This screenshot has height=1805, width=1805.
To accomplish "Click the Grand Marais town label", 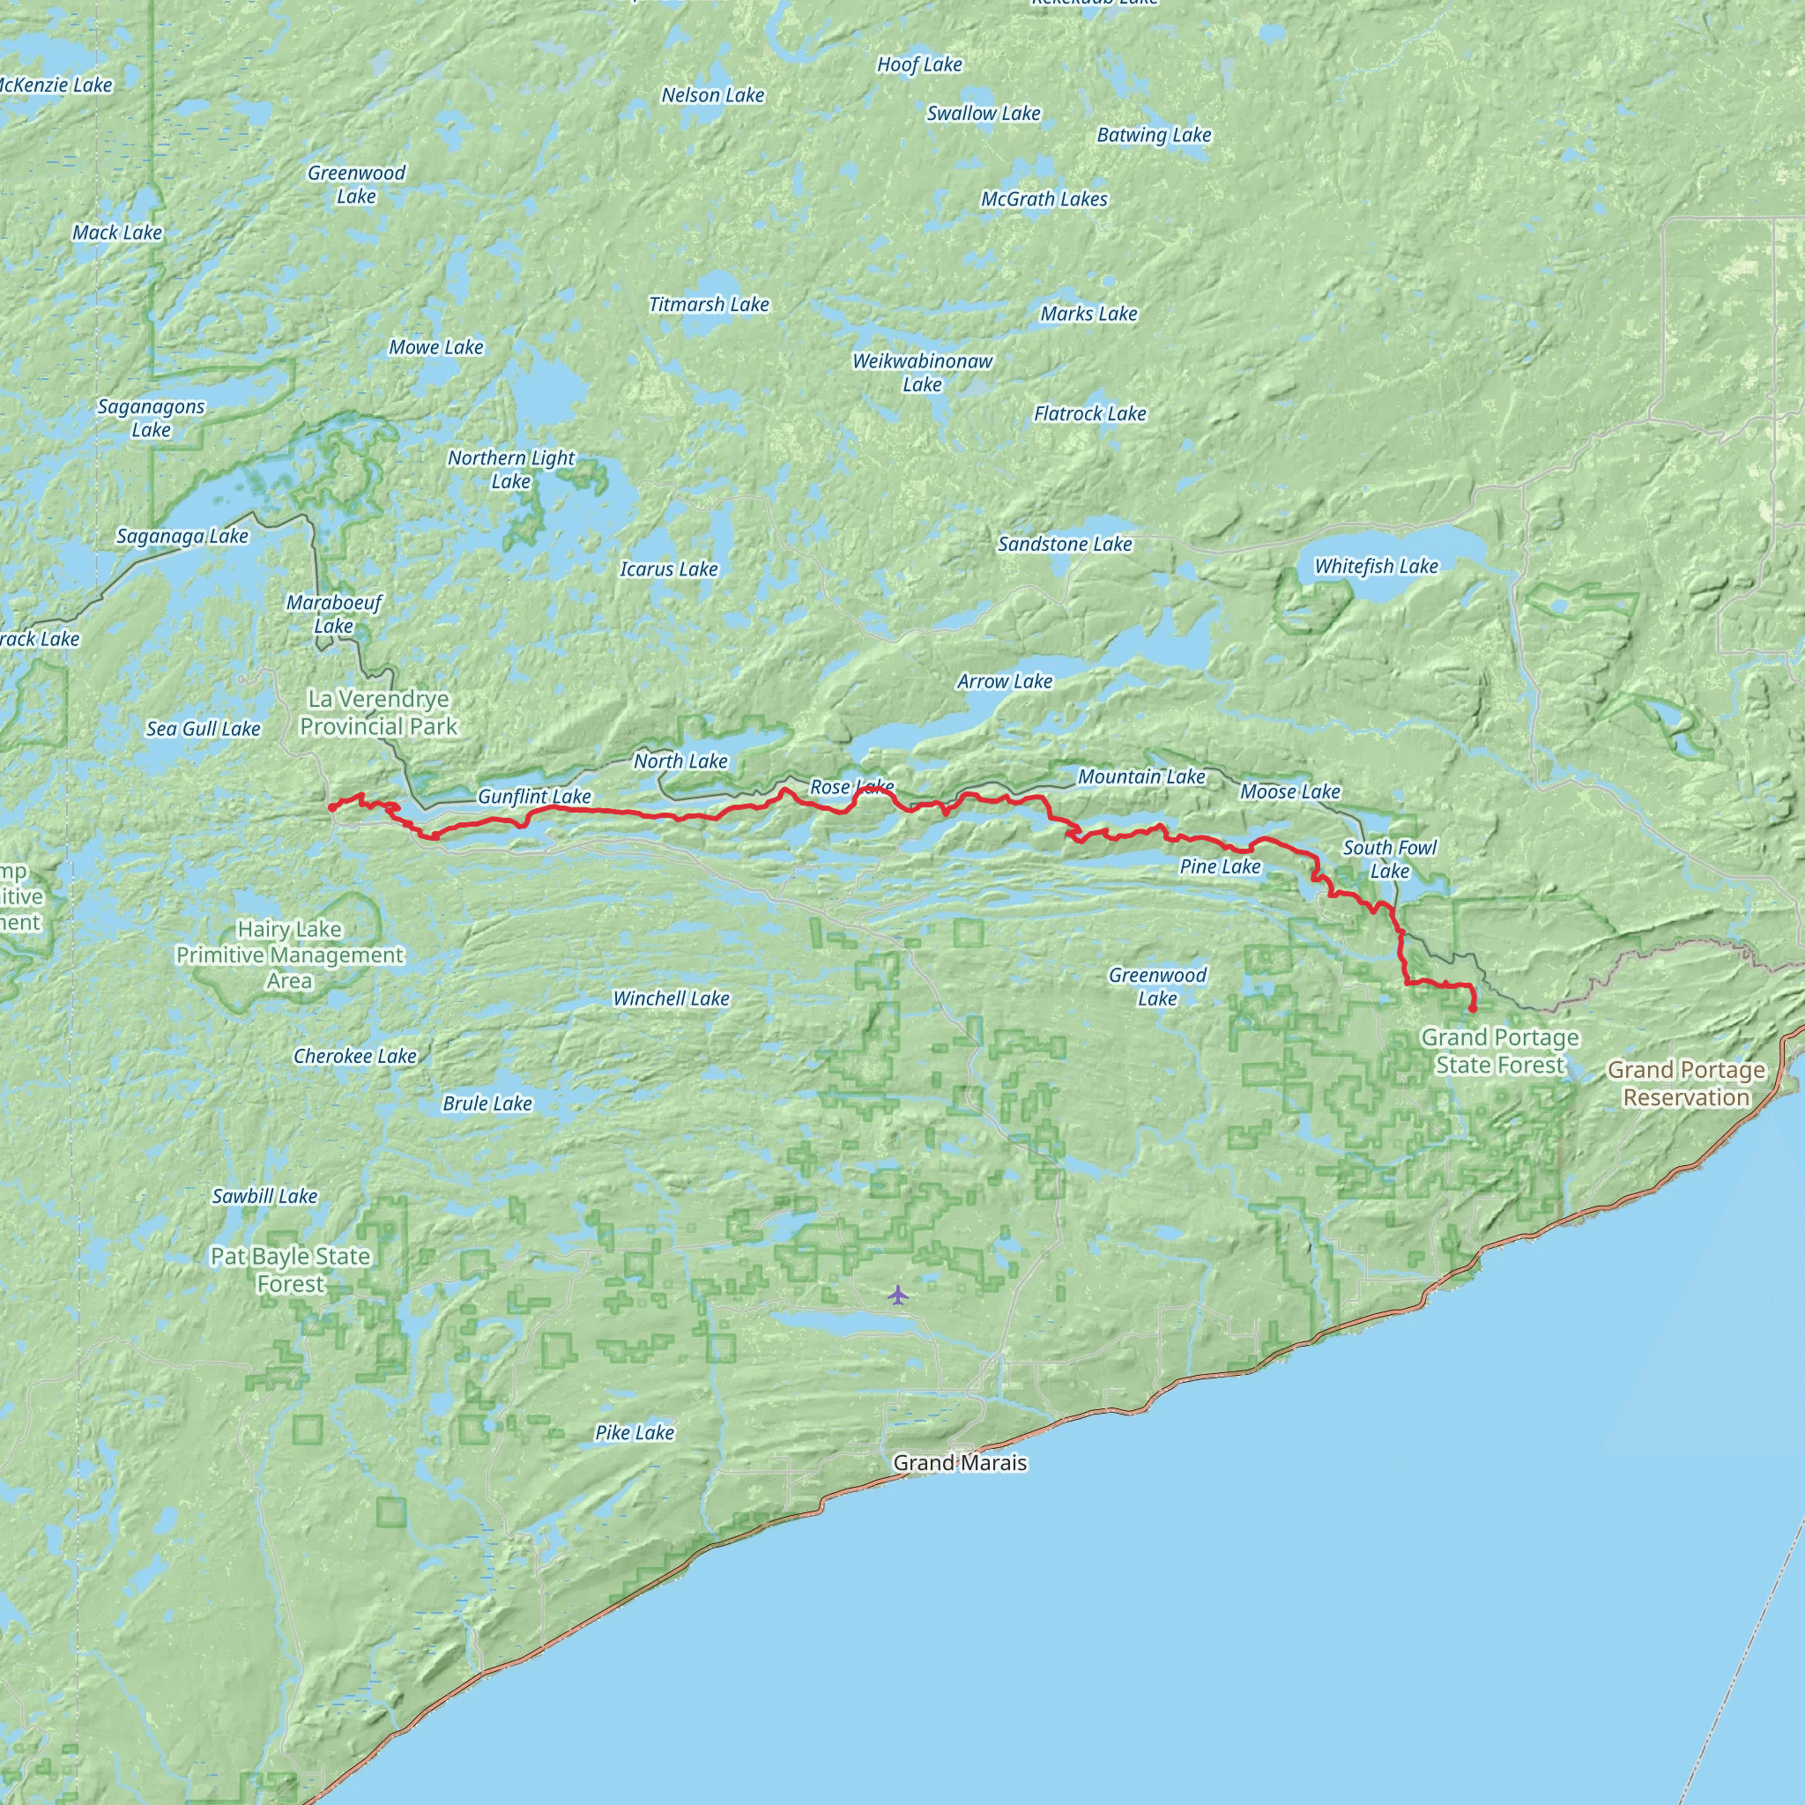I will point(960,1462).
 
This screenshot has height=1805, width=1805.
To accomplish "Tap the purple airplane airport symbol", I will point(898,1294).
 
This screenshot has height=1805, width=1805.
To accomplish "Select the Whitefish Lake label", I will point(1375,566).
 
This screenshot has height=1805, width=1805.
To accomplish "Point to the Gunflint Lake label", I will point(533,797).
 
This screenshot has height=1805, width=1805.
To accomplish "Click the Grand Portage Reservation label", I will point(1685,1083).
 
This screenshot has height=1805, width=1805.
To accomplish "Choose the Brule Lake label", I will point(487,1103).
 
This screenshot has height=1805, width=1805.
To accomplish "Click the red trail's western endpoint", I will point(331,807).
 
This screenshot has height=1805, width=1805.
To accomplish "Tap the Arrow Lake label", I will point(1005,682).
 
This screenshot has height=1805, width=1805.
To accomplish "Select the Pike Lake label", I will point(635,1432).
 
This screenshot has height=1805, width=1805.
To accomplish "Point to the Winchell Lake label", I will point(671,999).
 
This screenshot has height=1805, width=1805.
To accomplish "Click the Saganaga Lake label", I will point(182,536).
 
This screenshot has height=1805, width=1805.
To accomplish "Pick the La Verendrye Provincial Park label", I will point(378,713).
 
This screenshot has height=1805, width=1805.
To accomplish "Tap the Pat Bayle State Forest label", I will point(290,1270).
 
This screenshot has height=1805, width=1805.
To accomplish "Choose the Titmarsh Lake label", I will point(709,305).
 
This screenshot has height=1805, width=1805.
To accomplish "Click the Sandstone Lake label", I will point(1064,544).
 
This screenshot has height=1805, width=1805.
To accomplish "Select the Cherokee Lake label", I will point(354,1056).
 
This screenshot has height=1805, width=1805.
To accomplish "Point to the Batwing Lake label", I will point(1153,135).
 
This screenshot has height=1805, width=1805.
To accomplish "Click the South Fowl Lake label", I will point(1389,858).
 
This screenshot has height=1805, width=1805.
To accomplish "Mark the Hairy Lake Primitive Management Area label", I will point(289,954).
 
